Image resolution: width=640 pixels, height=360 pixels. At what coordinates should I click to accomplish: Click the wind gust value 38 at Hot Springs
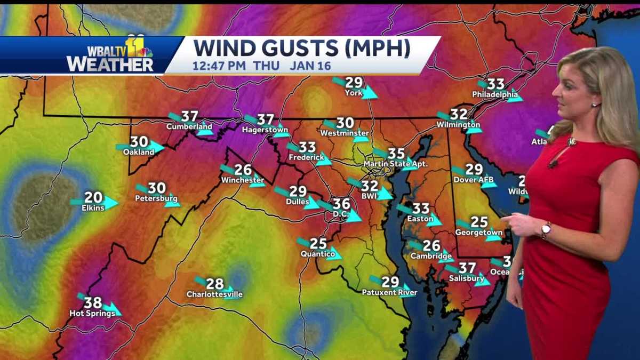tap(92, 302)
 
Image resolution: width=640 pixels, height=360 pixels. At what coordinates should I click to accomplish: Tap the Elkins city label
tap(93, 207)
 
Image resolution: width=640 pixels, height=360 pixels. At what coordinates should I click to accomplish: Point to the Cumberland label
tap(189, 127)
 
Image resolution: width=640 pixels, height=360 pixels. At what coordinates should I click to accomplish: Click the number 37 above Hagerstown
tap(265, 120)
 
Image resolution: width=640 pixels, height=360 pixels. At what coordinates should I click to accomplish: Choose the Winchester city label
tap(242, 180)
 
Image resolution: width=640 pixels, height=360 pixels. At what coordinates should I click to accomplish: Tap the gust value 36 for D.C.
tap(341, 204)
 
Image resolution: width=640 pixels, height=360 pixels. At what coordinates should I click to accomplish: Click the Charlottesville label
tap(214, 294)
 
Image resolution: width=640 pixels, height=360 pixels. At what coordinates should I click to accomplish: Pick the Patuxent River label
tap(389, 292)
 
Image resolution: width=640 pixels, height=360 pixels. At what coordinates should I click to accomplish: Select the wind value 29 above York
tap(354, 83)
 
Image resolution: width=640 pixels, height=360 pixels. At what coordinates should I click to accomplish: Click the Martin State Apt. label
tap(395, 164)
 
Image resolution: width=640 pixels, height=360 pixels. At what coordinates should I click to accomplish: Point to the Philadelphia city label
tap(495, 95)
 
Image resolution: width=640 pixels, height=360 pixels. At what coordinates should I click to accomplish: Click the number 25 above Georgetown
tap(479, 222)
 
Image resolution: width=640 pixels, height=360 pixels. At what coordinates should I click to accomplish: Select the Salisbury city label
tap(466, 278)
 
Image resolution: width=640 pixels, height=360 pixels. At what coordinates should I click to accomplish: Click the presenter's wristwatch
tap(546, 230)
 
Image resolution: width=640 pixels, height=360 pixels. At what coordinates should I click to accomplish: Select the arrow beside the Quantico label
tap(334, 252)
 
